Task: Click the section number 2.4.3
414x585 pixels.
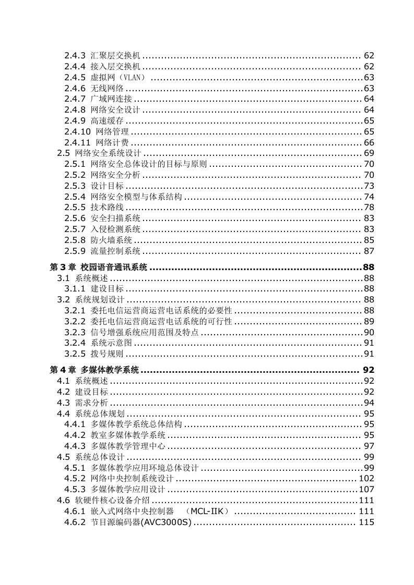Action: point(75,55)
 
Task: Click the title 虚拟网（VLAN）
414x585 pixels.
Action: point(118,77)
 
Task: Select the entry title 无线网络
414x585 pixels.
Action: point(107,88)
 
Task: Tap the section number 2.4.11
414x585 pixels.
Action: point(77,143)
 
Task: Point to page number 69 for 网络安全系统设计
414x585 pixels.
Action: point(369,153)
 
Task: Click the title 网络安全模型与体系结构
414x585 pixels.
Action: point(136,197)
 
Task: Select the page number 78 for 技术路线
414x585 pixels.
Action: point(369,208)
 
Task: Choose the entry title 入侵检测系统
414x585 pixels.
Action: point(115,229)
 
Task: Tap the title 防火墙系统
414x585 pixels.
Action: point(111,240)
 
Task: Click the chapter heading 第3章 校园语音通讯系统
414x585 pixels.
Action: point(98,267)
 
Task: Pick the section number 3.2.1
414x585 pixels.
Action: point(75,310)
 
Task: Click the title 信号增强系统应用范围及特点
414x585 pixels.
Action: point(145,332)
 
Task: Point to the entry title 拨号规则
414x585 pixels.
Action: point(107,354)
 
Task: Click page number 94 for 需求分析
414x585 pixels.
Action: point(369,403)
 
